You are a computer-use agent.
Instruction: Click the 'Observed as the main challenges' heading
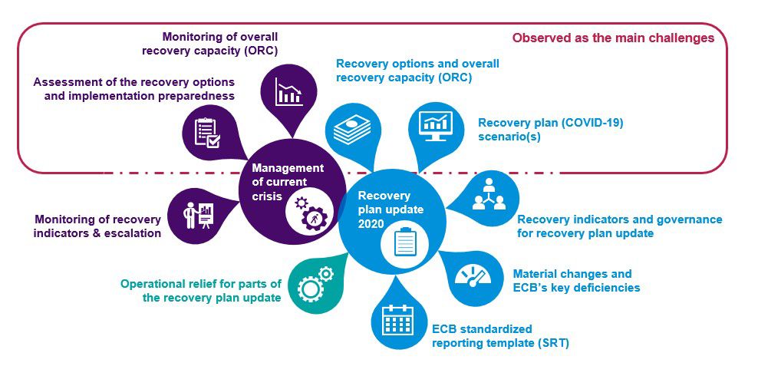click(613, 38)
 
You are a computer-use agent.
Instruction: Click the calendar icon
click(397, 319)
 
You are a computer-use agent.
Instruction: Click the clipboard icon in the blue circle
click(403, 242)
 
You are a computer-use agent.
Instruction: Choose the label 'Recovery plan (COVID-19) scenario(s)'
click(550, 129)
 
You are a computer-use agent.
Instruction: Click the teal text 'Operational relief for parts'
click(201, 284)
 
